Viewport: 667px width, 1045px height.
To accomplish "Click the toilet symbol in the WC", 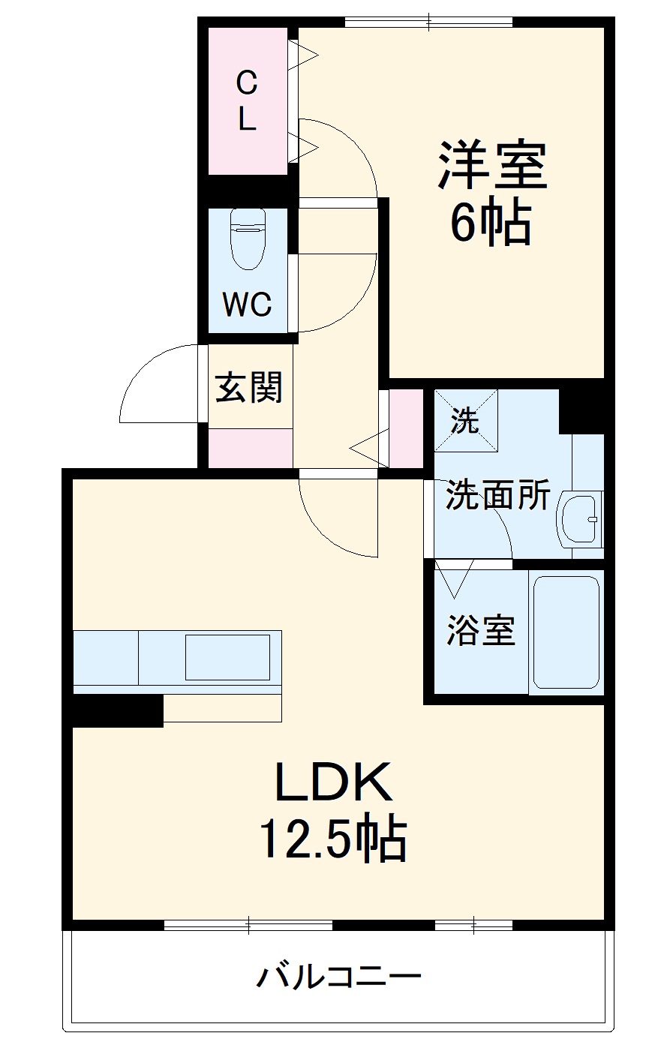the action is (x=248, y=239).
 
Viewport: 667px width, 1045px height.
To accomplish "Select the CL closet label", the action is (x=246, y=101).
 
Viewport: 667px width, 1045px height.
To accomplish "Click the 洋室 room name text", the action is (x=491, y=165).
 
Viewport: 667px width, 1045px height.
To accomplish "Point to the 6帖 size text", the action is (x=491, y=224).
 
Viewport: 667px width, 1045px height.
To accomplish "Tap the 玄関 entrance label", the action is (x=248, y=387).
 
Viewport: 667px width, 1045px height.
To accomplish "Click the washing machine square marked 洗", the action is (x=466, y=420).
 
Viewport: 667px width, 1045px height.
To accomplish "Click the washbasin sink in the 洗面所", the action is (x=580, y=519).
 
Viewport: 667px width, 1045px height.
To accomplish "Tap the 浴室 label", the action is (x=481, y=630).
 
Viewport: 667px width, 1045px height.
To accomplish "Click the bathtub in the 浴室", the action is (x=566, y=632).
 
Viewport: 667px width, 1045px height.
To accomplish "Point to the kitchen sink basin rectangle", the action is (x=227, y=657).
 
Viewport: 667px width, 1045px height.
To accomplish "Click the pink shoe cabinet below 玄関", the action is (x=251, y=448).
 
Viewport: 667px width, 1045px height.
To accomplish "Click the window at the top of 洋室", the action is (x=428, y=22).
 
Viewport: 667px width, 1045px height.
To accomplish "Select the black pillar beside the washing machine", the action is (x=581, y=411).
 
